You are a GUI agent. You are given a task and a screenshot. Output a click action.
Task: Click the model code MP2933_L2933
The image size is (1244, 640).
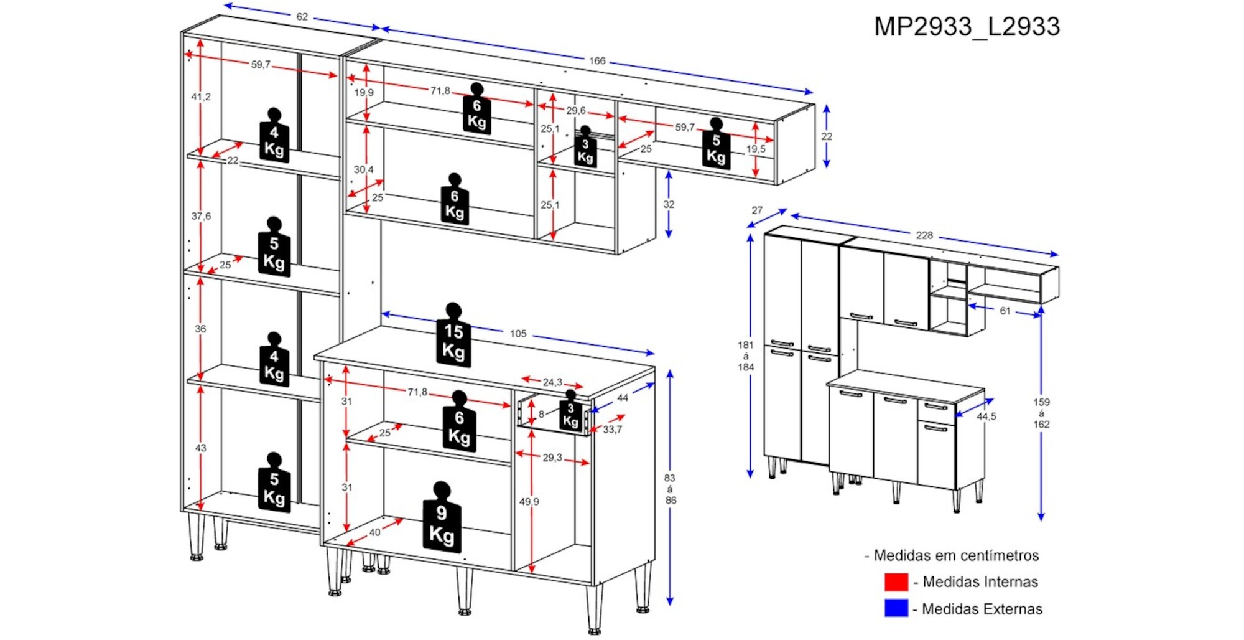967,27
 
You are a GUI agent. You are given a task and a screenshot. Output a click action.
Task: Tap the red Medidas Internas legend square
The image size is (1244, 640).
896,582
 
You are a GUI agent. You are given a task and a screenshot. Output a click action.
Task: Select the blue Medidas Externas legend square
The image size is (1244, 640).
896,608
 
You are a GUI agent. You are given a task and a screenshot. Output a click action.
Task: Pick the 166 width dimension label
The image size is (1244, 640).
597,60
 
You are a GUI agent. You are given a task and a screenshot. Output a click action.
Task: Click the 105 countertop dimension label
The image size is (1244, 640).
518,334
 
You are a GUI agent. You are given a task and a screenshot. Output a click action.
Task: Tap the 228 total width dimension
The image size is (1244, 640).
924,235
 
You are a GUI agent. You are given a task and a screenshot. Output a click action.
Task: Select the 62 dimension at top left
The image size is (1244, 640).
302,17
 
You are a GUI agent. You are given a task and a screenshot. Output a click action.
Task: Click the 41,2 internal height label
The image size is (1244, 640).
201,97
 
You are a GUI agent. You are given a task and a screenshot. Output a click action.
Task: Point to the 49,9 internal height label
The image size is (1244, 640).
529,502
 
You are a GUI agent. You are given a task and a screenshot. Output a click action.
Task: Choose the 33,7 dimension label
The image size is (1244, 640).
613,430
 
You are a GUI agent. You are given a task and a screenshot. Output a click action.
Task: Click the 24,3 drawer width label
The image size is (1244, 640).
552,382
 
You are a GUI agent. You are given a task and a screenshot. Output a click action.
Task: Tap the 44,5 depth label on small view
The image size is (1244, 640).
986,416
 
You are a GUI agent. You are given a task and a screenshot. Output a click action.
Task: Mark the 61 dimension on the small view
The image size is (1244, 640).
1005,311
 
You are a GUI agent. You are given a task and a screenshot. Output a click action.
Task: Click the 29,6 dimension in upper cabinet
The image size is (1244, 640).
575,111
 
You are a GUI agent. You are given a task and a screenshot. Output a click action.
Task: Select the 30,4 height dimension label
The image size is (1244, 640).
364,169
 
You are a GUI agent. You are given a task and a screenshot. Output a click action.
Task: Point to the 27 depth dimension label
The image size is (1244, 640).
757,210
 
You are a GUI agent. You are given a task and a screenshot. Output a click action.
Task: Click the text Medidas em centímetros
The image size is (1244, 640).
956,555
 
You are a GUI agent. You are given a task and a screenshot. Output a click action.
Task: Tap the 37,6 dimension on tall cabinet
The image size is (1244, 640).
201,216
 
